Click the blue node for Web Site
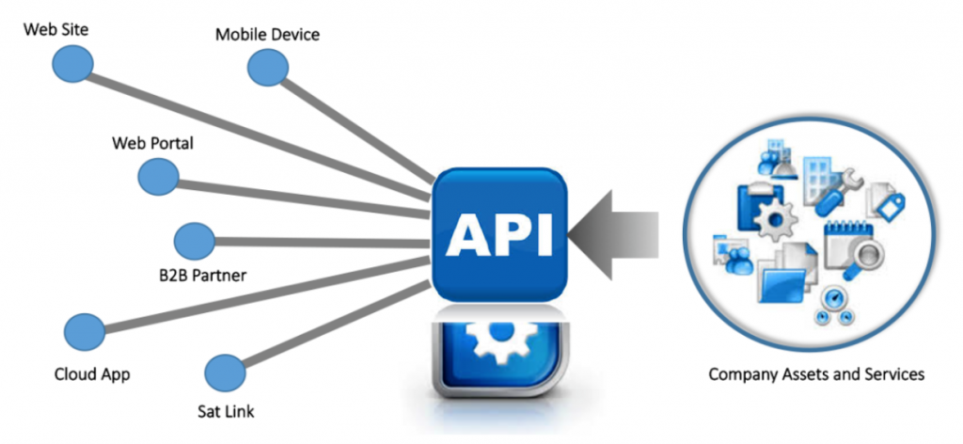click(72, 63)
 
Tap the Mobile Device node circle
click(268, 68)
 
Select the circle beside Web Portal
click(158, 176)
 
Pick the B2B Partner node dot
click(195, 242)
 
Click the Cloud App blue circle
click(85, 332)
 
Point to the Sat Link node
click(225, 373)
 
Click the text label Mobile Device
click(267, 34)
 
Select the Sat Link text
click(226, 410)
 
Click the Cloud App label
click(92, 374)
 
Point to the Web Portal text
click(152, 143)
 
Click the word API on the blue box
click(498, 235)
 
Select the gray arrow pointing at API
click(613, 234)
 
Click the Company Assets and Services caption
click(816, 374)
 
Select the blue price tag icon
click(890, 205)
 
